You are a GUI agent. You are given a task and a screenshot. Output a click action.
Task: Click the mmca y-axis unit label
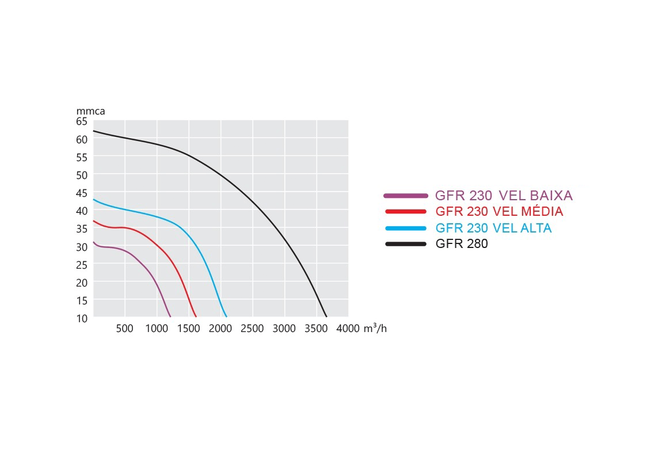click(90, 111)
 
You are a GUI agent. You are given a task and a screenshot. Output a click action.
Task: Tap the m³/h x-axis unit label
click(375, 329)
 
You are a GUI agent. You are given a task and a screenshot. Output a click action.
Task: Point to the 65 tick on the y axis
click(81, 121)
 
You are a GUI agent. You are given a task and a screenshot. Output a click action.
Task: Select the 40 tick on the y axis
click(81, 211)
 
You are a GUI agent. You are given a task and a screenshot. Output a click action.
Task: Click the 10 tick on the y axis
click(81, 318)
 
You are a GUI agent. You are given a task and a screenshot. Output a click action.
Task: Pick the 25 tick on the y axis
click(81, 264)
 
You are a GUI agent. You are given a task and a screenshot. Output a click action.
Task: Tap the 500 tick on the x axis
click(124, 329)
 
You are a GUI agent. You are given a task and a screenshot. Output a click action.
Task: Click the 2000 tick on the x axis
click(220, 329)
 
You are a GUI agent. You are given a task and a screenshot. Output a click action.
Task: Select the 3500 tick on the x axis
click(315, 329)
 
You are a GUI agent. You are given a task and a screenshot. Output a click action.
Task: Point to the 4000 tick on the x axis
click(347, 329)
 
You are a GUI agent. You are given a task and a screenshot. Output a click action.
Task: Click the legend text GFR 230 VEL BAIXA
click(504, 195)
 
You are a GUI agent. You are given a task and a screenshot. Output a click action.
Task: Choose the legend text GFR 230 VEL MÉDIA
click(499, 211)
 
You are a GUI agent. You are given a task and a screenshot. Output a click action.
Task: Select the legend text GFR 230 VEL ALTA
click(493, 228)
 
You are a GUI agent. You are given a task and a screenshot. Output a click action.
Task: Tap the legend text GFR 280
click(462, 244)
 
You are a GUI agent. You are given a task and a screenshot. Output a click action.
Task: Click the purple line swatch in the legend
click(405, 195)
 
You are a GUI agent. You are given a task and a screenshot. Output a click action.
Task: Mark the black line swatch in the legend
click(405, 244)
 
